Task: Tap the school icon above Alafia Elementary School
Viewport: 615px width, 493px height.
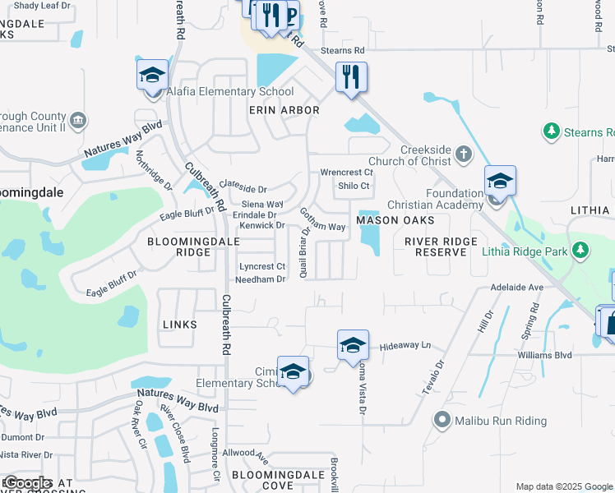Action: [152, 75]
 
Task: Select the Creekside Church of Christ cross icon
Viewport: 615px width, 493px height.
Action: [463, 153]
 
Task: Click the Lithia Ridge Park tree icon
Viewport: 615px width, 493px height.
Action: [581, 248]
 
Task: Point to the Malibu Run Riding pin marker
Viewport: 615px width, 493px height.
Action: [442, 421]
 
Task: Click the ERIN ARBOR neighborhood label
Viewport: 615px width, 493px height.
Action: [284, 109]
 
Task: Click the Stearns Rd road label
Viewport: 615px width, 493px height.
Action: [342, 50]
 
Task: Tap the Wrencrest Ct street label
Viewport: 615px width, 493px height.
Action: [346, 173]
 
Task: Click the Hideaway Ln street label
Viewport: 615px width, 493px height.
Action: [405, 347]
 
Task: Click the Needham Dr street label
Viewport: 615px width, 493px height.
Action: [260, 279]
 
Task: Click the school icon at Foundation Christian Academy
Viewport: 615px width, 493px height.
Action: [499, 180]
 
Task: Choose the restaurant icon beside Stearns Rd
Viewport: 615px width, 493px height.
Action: [351, 77]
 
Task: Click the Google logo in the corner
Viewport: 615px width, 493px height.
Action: [26, 483]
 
